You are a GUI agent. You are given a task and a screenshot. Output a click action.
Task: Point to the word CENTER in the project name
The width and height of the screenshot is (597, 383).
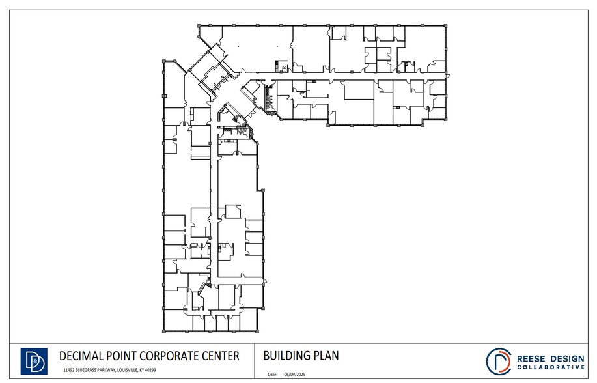pos(222,356)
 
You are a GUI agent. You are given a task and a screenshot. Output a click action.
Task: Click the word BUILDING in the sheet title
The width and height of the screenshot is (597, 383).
pos(287,356)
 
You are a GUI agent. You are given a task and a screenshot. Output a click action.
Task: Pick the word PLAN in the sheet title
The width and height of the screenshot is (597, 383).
pos(326,356)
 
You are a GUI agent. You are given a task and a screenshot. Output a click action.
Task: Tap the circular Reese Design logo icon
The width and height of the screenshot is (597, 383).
pos(499,361)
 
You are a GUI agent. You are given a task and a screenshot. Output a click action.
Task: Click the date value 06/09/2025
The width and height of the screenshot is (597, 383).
pos(295,375)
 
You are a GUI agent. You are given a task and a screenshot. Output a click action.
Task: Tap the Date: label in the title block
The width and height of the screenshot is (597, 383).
pos(273,375)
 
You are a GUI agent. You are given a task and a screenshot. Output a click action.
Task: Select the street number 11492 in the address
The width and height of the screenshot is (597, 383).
pos(70,370)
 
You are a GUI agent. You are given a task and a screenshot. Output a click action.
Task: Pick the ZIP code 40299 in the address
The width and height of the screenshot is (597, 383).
pos(150,370)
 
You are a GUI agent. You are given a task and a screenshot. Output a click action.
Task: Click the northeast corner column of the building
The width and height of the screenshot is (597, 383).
pos(447,27)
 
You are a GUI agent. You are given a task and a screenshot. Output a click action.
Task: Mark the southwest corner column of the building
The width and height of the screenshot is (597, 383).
pos(163,331)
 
